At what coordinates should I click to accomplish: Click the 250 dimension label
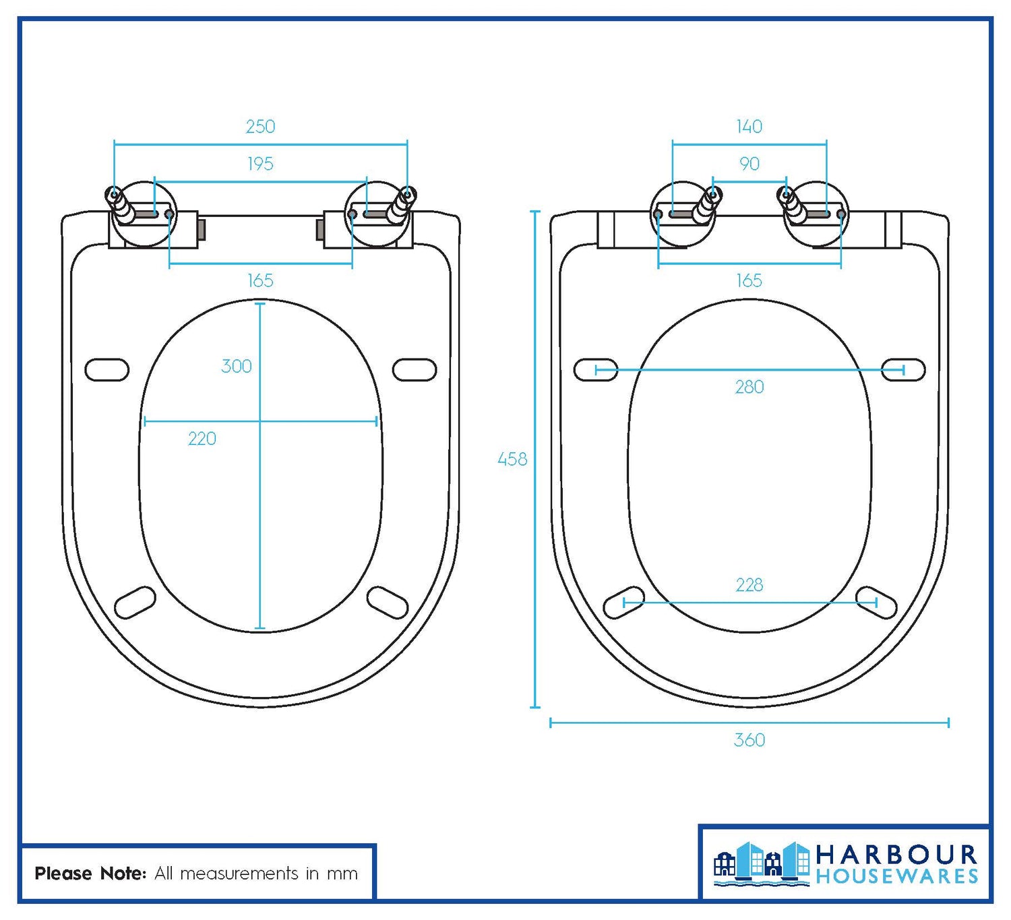point(260,127)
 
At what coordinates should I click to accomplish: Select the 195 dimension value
point(260,164)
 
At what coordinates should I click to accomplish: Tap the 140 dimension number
point(749,127)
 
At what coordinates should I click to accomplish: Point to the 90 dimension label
point(749,164)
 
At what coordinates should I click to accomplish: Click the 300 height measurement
point(237,366)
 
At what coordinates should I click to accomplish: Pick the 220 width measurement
point(202,439)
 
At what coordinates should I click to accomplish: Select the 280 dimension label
point(749,387)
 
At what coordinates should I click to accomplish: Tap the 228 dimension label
point(749,585)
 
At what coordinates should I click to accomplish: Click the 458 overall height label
point(512,460)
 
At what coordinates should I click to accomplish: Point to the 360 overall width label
point(749,740)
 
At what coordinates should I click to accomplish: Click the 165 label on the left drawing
point(260,280)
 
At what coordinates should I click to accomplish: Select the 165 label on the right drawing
point(749,280)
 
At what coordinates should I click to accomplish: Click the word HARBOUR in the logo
point(896,855)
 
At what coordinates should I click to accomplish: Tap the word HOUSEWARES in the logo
point(896,877)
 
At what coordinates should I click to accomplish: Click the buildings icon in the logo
point(762,863)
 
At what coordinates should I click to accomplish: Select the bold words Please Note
point(90,873)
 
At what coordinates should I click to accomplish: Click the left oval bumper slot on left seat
point(107,370)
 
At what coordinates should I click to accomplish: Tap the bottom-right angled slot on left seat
point(388,602)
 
